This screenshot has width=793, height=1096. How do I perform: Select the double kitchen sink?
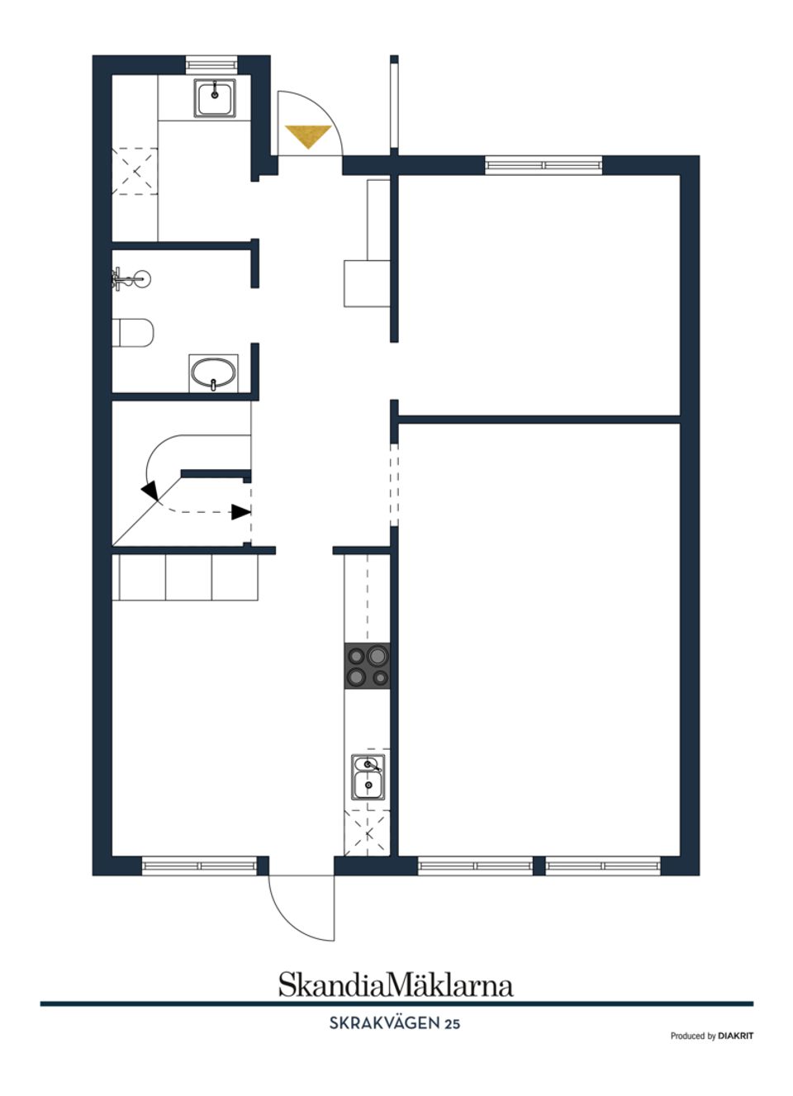coord(368,776)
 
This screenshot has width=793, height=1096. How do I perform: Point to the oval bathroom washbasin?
coord(214,373)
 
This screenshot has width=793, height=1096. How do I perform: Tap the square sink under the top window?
coord(216,98)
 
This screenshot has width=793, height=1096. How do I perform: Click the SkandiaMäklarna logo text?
coord(395,985)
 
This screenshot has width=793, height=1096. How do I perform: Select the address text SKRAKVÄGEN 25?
coord(395,1023)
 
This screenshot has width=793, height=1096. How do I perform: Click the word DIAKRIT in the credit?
coord(735,1036)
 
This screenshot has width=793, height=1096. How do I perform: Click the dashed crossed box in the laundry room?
coord(135,171)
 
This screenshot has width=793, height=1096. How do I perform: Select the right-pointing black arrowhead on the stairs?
coord(240,512)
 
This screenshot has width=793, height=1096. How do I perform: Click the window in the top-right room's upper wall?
coord(544,164)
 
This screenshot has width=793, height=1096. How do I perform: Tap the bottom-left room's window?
coord(200,866)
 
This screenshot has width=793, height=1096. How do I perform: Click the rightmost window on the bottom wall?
coord(602,866)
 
